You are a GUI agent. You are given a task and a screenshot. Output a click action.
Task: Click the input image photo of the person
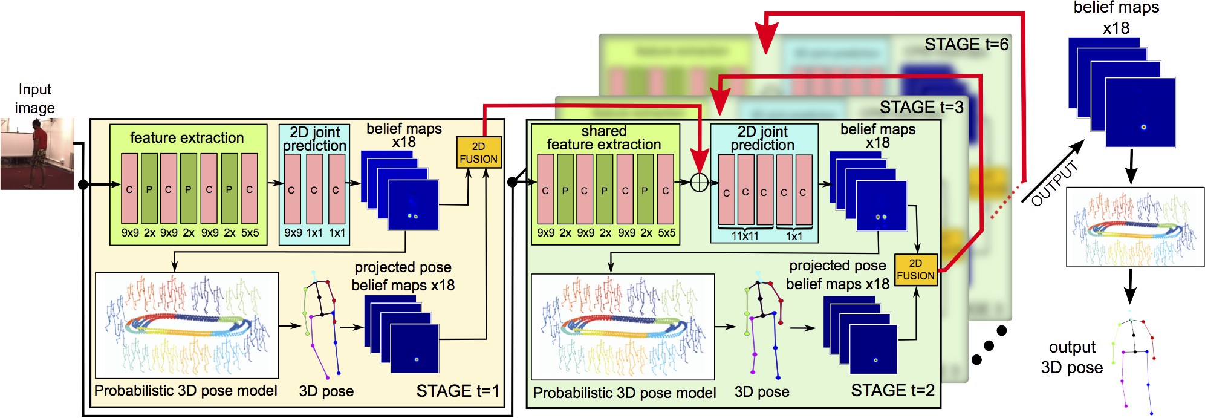37,154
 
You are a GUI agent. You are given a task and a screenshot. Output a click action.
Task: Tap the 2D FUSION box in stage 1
478,152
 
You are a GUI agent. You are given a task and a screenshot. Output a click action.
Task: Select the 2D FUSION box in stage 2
915,269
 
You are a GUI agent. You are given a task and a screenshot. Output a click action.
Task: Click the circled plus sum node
699,183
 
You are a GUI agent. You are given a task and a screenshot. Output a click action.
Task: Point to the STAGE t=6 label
966,44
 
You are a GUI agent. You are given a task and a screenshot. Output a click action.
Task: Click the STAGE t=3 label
921,107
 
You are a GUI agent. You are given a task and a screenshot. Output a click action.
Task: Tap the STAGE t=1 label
457,391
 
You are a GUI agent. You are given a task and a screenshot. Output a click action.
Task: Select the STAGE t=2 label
892,390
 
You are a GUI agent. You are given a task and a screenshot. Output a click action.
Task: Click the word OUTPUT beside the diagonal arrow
1054,183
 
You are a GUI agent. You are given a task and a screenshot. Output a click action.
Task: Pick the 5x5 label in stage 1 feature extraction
250,233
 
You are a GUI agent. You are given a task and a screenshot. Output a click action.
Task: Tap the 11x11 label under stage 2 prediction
744,236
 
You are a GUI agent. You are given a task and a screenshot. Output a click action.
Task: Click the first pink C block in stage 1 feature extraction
129,188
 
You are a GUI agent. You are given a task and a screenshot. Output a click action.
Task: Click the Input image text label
34,99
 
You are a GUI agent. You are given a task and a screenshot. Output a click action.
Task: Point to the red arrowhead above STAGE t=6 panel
766,39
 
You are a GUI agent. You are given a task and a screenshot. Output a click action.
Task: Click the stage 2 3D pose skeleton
763,327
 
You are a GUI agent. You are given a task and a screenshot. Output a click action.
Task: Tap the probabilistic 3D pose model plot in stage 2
623,327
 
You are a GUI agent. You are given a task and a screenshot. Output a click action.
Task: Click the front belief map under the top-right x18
1140,113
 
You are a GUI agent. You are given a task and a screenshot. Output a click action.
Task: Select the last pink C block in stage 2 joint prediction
804,190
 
